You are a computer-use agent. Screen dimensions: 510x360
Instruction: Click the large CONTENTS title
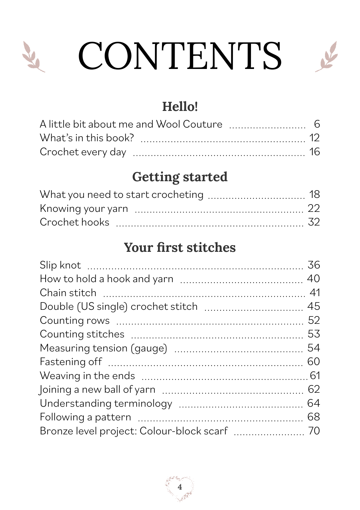(x=180, y=56)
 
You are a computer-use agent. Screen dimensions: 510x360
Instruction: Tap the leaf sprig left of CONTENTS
(x=33, y=57)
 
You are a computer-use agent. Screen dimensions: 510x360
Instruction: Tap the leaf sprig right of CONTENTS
(x=327, y=57)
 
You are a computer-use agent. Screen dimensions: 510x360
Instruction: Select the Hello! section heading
(x=180, y=107)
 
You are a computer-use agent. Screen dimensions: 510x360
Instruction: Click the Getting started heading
(x=180, y=177)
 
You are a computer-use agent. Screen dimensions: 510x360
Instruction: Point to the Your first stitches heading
(x=180, y=248)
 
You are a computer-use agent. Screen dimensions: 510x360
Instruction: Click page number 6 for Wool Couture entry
(x=317, y=124)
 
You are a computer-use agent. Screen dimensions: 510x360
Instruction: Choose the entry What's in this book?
(x=87, y=138)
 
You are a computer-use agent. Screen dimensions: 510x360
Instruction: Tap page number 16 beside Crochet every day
(x=314, y=152)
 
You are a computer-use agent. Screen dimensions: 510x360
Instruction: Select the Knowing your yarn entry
(x=84, y=209)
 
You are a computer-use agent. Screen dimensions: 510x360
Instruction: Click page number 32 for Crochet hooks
(x=314, y=222)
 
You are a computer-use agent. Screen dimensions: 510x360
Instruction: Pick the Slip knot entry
(x=60, y=265)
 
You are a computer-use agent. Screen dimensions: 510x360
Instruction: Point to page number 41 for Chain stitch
(x=315, y=293)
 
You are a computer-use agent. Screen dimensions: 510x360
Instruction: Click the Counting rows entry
(x=75, y=320)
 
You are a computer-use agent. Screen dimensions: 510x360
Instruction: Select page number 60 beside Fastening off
(x=314, y=362)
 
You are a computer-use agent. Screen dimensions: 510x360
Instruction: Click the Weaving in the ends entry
(x=87, y=376)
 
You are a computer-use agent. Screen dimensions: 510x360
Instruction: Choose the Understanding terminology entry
(x=106, y=404)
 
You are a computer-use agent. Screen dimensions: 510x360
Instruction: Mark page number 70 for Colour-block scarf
(x=314, y=431)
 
